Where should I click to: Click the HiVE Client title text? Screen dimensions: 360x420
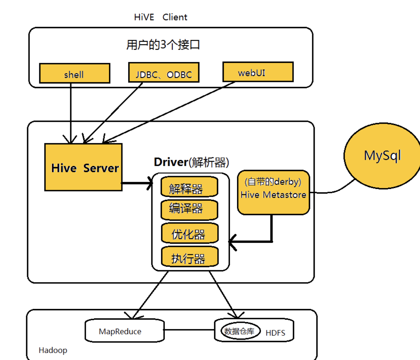pos(161,17)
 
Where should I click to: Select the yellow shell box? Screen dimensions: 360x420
pos(74,74)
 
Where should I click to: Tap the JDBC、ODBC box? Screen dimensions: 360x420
pos(164,73)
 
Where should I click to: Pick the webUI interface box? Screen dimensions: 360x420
pos(258,72)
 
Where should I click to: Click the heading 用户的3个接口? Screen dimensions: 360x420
pos(163,45)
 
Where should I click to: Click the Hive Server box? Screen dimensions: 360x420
pos(84,167)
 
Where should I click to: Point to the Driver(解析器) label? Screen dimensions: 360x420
pos(191,162)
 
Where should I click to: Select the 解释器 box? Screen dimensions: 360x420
pos(189,187)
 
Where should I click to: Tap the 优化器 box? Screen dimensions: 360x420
pos(189,233)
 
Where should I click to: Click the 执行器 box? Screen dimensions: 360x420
pos(189,257)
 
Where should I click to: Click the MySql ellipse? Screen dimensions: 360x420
pos(382,155)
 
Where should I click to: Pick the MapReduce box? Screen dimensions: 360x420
pos(125,331)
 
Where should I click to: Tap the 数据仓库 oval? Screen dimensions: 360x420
pos(240,331)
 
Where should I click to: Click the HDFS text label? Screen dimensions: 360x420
pos(275,333)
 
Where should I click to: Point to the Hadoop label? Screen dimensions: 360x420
pos(53,350)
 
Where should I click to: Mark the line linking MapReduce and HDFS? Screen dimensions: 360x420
pos(189,330)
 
